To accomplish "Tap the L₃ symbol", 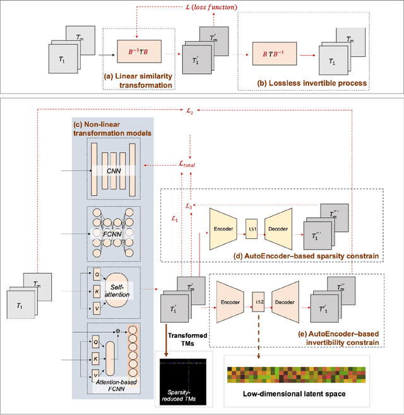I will (x=187, y=206).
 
